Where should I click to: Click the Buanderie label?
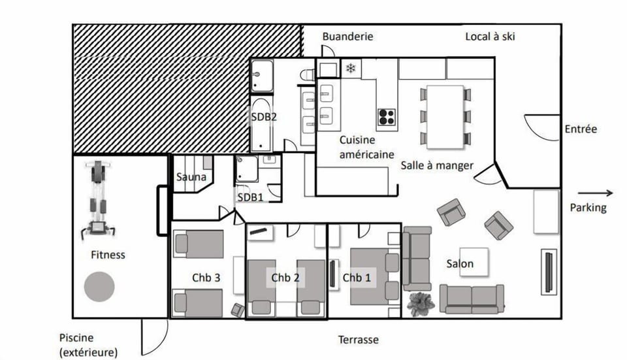(x=347, y=37)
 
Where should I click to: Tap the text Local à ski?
(x=490, y=37)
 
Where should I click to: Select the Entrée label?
(x=581, y=129)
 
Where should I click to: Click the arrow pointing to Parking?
(x=595, y=193)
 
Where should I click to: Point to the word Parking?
(x=588, y=208)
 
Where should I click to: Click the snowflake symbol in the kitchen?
(x=351, y=68)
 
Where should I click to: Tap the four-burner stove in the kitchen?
(x=386, y=116)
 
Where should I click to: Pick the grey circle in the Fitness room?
(x=99, y=286)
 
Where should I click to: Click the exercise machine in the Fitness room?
(x=98, y=199)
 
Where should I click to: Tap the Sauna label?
(x=191, y=176)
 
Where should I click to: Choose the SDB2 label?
(x=265, y=118)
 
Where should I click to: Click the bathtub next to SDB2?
(x=261, y=124)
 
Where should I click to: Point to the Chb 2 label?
(x=285, y=278)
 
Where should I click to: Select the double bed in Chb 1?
(x=374, y=276)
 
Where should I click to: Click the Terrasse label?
(x=358, y=340)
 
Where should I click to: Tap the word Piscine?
(x=76, y=338)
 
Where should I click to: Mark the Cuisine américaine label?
(x=366, y=147)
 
